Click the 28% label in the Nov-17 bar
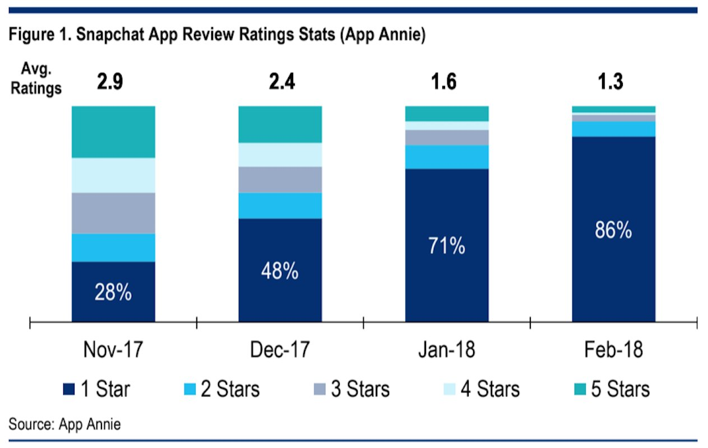point(113,292)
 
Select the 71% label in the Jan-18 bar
point(447,245)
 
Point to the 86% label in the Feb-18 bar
point(613,230)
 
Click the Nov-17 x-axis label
point(113,350)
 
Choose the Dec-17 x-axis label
point(280,350)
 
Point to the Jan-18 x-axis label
point(447,350)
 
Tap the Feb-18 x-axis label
point(613,350)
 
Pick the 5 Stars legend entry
point(611,389)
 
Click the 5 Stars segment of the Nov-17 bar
point(113,132)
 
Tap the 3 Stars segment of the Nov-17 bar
point(113,213)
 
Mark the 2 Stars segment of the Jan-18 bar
point(447,157)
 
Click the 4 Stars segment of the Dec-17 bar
point(280,155)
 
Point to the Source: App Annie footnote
point(64,424)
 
